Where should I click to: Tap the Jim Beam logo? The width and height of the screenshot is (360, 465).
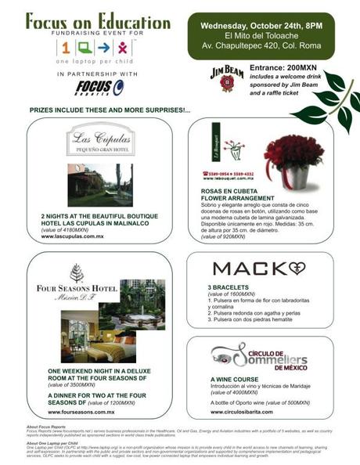tap(226, 79)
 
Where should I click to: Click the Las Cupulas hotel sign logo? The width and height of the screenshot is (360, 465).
tap(99, 142)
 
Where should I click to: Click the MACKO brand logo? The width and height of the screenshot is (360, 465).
tap(259, 269)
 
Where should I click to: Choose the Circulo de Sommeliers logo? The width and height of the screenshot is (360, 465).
tap(259, 355)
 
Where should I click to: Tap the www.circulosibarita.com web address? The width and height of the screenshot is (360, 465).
tap(241, 411)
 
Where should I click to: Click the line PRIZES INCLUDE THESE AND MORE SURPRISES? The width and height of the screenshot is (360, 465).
tap(110, 110)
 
